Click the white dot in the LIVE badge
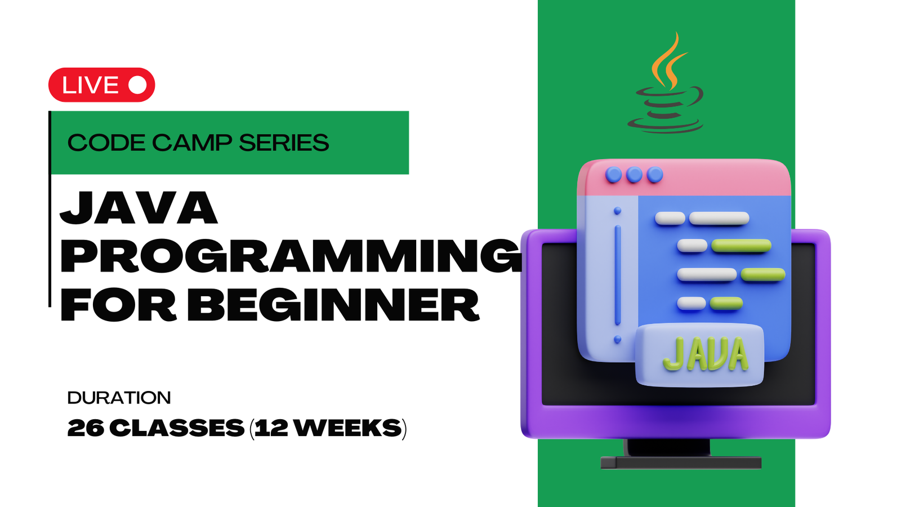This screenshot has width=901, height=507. pos(137,85)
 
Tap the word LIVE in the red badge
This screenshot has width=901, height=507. pos(91,85)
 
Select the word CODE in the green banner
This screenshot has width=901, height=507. pos(106,143)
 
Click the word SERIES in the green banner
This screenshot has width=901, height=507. pos(284,143)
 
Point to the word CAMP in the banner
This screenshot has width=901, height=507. pos(192,143)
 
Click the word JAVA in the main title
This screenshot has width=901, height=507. pos(139,208)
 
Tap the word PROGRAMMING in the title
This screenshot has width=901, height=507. pos(291,256)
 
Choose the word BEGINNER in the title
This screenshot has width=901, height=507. pos(333,305)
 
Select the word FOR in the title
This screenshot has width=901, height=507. pos(118,305)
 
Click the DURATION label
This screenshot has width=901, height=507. pos(119,398)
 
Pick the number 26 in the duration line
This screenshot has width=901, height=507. pos(86,428)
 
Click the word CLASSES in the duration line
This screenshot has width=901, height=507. pos(177,428)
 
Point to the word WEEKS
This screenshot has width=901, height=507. pos(347,428)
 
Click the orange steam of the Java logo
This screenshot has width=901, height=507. pos(668,61)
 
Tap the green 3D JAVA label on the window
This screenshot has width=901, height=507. pos(706,354)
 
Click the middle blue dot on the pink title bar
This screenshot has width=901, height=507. pos(634,175)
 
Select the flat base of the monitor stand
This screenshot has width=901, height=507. pos(681,462)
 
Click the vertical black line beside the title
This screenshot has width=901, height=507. pos(50,209)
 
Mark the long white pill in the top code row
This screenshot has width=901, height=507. pos(719,218)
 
